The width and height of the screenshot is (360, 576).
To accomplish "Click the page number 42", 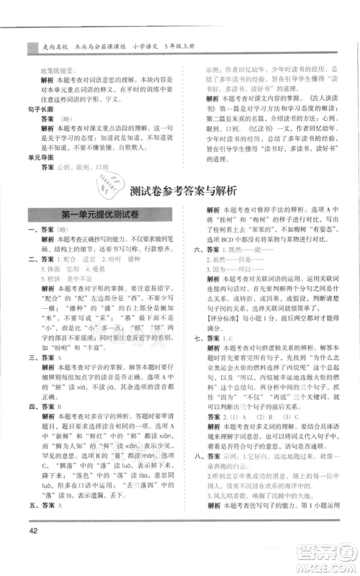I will [x=33, y=552].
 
